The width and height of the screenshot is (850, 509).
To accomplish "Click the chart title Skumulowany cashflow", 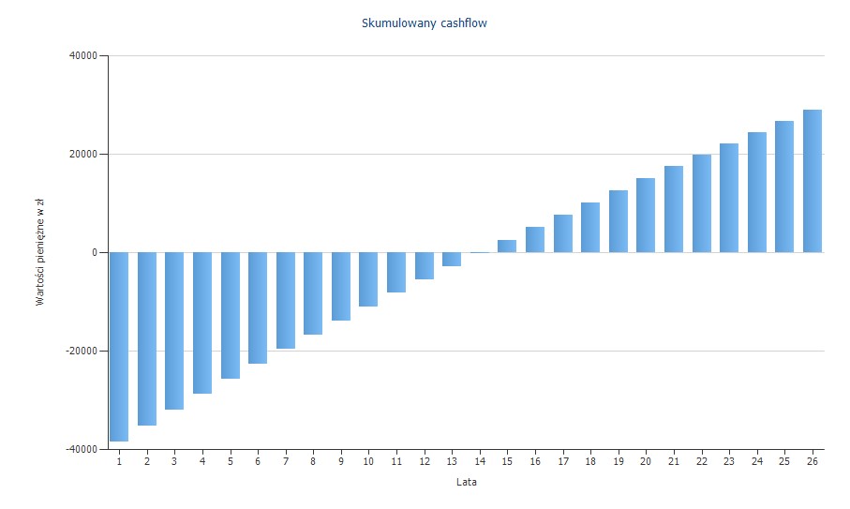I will coord(425,23).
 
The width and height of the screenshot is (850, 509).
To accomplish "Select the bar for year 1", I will coord(119,346).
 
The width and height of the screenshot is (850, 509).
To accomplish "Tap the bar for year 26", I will coord(813,181).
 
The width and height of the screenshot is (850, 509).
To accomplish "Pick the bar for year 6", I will coord(258,307).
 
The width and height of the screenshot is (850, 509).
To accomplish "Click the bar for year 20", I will coord(646,215).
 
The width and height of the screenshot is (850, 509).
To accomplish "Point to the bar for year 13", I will coord(452,259).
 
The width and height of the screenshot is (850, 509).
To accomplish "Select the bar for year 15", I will coord(507,246).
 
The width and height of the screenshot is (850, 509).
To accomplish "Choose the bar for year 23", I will coord(729,198).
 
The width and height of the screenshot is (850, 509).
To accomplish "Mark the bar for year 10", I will coord(368,279).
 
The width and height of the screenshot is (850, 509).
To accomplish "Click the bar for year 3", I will coord(174,331).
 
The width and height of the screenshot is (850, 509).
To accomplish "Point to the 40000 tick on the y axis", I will coord(83,56).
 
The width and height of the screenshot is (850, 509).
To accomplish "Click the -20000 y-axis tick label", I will coord(82,352).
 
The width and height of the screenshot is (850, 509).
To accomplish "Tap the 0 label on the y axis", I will coord(94,253).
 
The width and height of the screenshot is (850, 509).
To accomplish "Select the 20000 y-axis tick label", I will coord(83,155).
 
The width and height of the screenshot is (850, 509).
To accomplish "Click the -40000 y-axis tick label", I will coord(82,450).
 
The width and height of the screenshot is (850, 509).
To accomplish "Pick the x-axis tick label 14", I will coord(480,462).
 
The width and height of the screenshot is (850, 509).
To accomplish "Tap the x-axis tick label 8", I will coord(313,462).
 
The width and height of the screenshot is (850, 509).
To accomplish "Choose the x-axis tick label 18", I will coord(590,462).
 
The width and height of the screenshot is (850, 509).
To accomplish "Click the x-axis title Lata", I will coord(466,483).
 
